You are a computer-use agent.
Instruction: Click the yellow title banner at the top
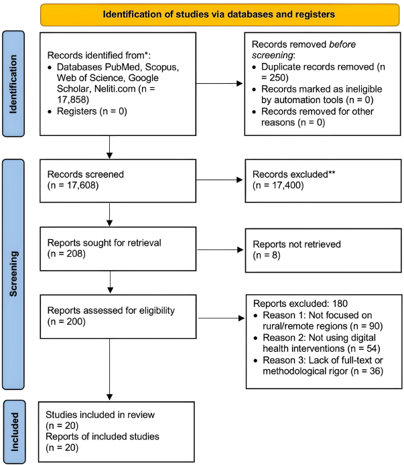[x=220, y=15]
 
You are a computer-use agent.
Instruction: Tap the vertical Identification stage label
[x=13, y=84]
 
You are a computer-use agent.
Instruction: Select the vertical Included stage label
[x=14, y=431]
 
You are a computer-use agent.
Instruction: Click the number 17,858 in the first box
[x=72, y=100]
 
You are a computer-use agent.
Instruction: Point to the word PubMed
[x=122, y=67]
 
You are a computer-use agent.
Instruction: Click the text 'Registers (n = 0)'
[x=92, y=111]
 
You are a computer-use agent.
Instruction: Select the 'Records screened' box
[x=118, y=181]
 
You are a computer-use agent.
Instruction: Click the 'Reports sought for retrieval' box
[x=118, y=249]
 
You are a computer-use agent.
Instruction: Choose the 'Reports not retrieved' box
[x=323, y=251]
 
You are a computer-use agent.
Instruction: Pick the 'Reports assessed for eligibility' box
[x=118, y=316]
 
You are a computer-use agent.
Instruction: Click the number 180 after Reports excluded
[x=340, y=304]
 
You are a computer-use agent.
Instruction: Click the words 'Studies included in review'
[x=100, y=415]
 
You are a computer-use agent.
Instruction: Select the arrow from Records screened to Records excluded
[x=220, y=180]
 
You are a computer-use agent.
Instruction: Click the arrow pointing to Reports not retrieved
[x=220, y=250]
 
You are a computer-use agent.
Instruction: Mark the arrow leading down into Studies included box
[x=109, y=369]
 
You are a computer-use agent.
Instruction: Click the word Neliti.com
[x=115, y=88]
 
